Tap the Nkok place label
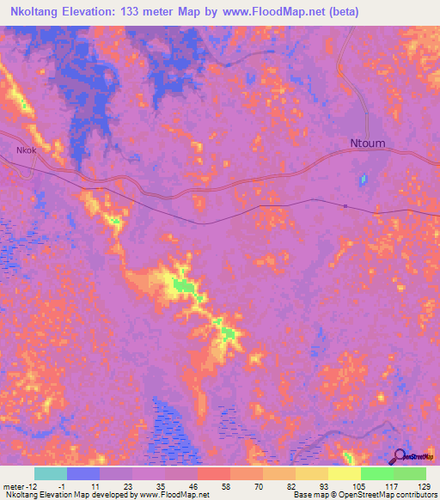click(26, 150)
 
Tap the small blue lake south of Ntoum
click(363, 180)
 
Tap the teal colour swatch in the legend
click(50, 473)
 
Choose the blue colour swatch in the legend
click(82, 473)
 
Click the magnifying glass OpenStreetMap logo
click(399, 457)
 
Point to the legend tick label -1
click(50, 485)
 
